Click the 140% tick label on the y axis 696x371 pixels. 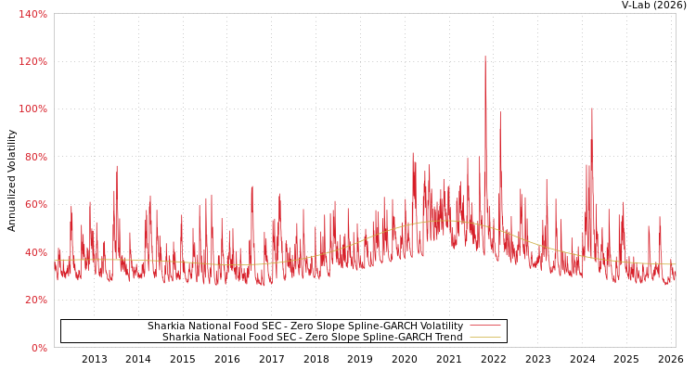click(x=33, y=14)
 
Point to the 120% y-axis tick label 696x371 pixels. click(x=33, y=61)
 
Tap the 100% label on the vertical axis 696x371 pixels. click(x=33, y=109)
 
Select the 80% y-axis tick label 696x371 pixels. click(x=35, y=157)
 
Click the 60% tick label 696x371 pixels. click(x=35, y=205)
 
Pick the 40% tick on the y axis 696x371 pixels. click(x=35, y=252)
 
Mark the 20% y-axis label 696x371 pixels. click(x=35, y=301)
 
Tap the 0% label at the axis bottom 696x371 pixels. click(x=38, y=348)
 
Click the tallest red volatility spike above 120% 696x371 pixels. click(x=484, y=58)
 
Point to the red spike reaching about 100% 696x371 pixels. click(x=591, y=109)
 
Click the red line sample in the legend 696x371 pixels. click(x=484, y=326)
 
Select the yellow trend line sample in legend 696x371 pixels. click(x=484, y=338)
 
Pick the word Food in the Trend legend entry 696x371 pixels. click(x=264, y=338)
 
